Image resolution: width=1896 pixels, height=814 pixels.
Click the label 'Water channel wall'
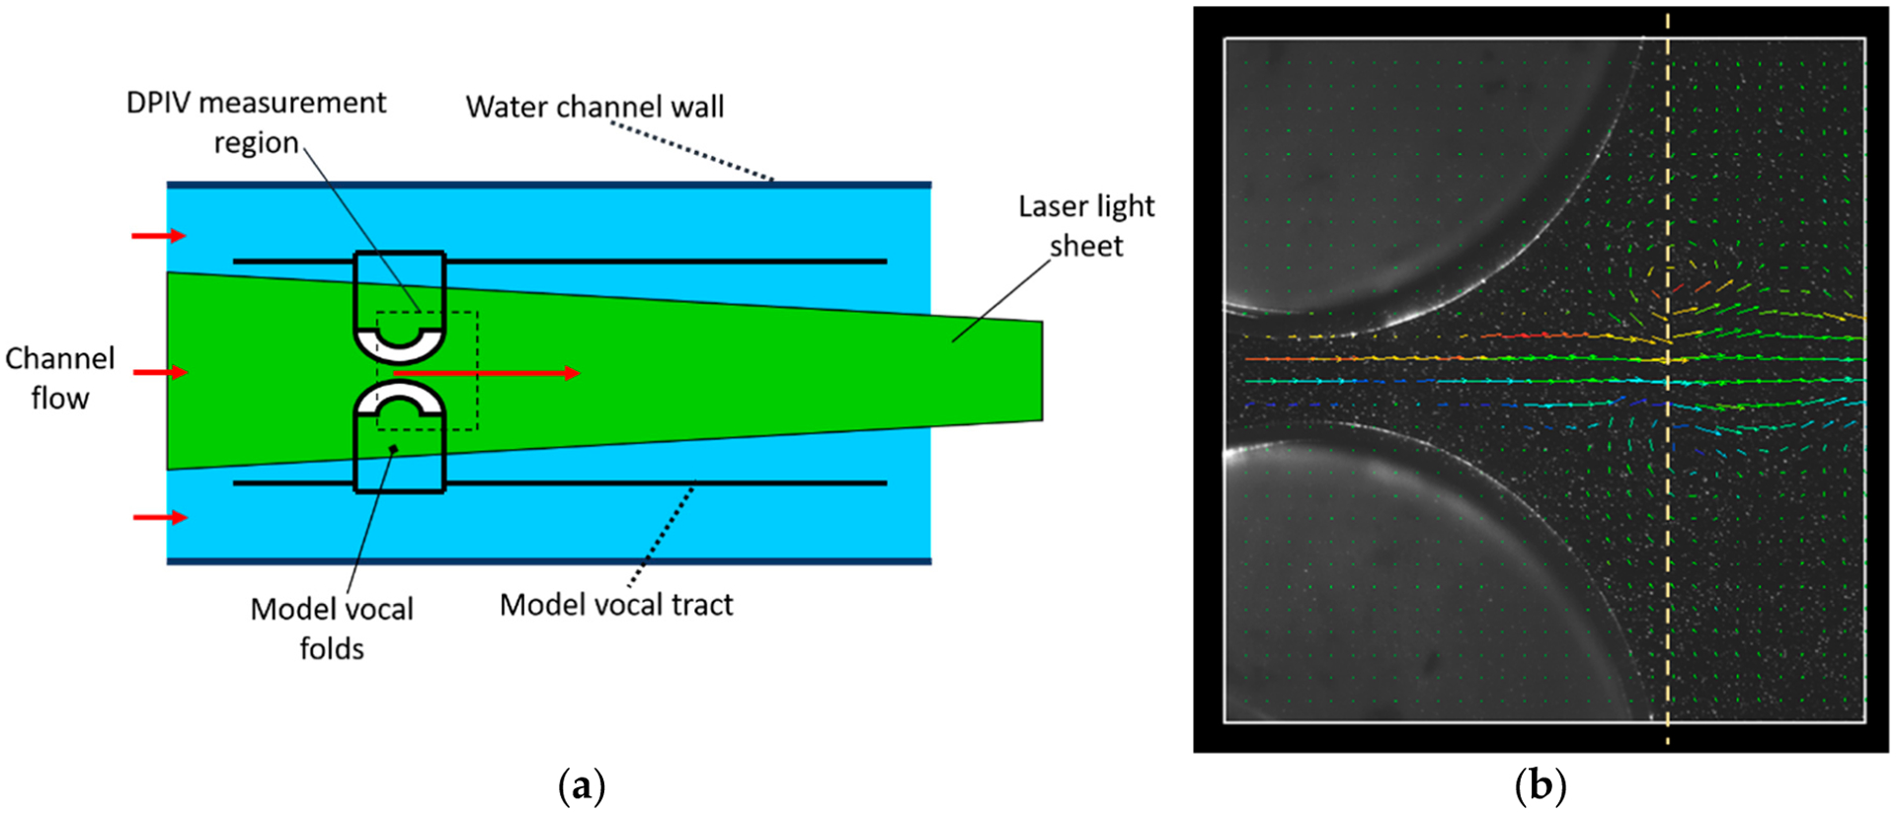pos(594,107)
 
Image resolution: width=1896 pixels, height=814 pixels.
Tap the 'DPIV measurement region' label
pos(257,122)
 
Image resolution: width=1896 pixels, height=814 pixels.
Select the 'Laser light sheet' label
pos(1086,226)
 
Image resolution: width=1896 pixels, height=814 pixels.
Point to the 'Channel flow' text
pos(59,378)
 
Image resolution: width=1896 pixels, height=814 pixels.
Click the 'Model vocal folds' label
pos(332,629)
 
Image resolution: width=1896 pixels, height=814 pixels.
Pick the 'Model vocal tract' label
pos(616,605)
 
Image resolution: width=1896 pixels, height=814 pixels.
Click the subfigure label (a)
pos(582,786)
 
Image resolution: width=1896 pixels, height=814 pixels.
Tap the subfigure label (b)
pos(1540,786)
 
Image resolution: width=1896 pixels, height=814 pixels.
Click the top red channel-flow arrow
pos(159,235)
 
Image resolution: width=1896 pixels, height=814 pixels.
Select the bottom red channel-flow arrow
pos(159,517)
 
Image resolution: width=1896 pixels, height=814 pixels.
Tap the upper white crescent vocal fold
pos(399,342)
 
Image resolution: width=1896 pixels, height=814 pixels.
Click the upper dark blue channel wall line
pos(549,185)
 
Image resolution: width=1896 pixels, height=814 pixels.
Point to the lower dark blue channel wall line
pos(549,561)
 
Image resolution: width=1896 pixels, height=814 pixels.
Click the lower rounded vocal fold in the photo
pos(1402,592)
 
